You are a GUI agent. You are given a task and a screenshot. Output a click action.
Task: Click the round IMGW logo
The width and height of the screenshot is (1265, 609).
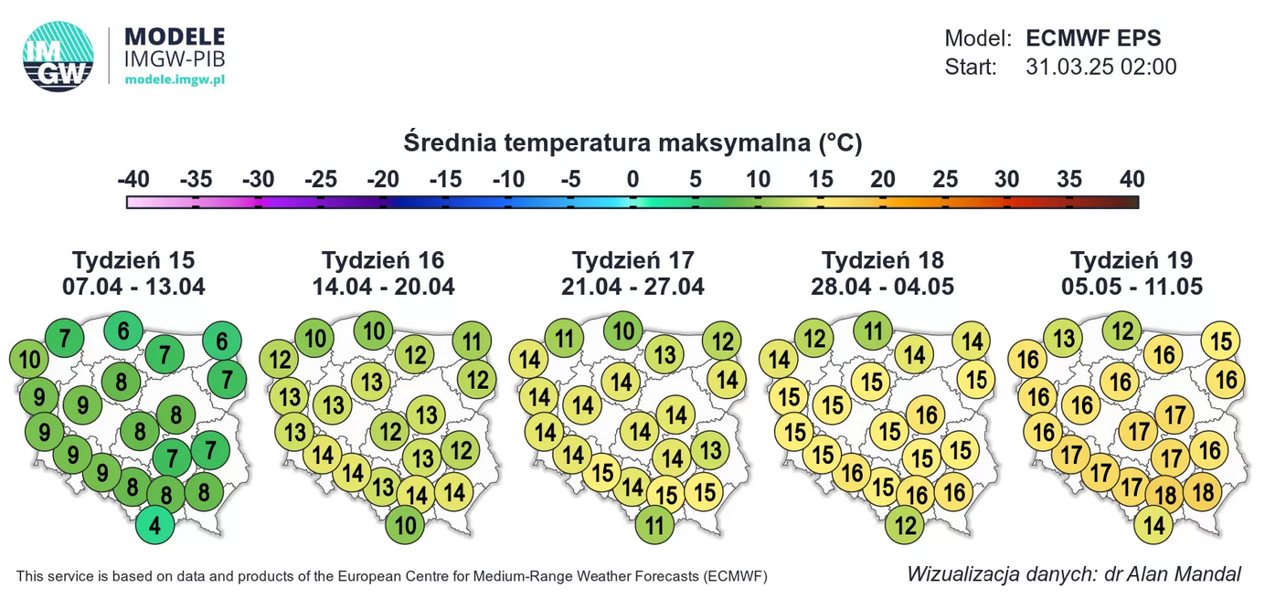pyautogui.click(x=58, y=56)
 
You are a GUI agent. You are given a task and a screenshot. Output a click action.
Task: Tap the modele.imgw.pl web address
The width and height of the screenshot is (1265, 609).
pyautogui.click(x=175, y=79)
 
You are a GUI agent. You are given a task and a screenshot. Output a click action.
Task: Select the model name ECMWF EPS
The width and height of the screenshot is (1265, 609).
pyautogui.click(x=1093, y=38)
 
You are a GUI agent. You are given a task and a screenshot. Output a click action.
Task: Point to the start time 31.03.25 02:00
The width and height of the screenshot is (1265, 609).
pyautogui.click(x=1100, y=68)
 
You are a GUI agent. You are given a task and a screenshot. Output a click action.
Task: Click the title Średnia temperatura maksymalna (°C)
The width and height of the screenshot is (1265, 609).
pyautogui.click(x=632, y=143)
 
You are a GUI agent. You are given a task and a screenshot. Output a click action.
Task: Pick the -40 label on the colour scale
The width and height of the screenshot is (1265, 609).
pyautogui.click(x=133, y=180)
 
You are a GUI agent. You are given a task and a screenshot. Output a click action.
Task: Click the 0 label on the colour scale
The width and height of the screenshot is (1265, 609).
pyautogui.click(x=632, y=180)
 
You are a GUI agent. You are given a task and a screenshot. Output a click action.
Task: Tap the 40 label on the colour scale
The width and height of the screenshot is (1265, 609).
pyautogui.click(x=1132, y=180)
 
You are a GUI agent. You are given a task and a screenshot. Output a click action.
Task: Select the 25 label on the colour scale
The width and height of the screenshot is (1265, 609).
pyautogui.click(x=944, y=180)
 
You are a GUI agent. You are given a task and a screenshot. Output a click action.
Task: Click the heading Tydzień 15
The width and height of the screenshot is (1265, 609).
pyautogui.click(x=133, y=260)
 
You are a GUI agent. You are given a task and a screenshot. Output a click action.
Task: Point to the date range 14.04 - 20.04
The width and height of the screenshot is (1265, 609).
pyautogui.click(x=383, y=287)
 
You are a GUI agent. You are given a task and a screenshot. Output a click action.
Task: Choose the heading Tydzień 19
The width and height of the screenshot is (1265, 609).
pyautogui.click(x=1132, y=260)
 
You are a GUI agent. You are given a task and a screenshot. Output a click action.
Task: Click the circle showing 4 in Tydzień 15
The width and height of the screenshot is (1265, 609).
pyautogui.click(x=155, y=527)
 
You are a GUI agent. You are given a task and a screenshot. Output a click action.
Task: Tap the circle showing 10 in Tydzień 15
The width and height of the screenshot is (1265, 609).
pyautogui.click(x=30, y=360)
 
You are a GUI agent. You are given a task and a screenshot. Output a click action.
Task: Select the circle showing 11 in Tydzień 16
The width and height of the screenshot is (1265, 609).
pyautogui.click(x=472, y=343)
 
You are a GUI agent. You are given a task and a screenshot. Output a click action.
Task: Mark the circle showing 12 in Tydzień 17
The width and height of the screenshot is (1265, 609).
pyautogui.click(x=723, y=342)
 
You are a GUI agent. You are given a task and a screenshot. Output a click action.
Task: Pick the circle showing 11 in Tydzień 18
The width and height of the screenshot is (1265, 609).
pyautogui.click(x=875, y=331)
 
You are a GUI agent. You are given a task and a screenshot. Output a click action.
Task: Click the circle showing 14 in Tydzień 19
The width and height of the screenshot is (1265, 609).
pyautogui.click(x=1154, y=525)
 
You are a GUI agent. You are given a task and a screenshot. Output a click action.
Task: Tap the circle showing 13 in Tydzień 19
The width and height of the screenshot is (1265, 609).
pyautogui.click(x=1063, y=341)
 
